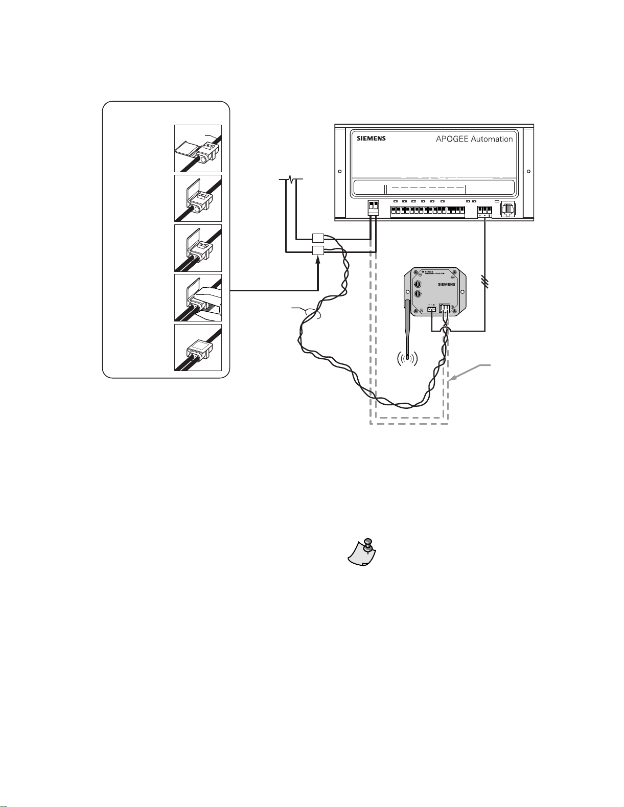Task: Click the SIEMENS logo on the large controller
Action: pos(371,139)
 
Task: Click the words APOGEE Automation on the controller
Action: pos(474,139)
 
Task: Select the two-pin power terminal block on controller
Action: pos(374,207)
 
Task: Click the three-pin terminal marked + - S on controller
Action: pos(484,211)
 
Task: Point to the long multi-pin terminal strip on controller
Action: pos(428,211)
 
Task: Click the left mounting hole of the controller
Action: pos(340,172)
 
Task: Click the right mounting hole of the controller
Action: pos(528,172)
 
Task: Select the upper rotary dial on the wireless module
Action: pos(419,283)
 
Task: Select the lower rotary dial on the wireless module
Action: pos(419,295)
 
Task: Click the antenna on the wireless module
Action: pos(408,327)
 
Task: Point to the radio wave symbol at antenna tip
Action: pos(407,360)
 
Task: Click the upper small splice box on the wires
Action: pos(318,238)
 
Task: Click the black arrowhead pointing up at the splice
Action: pos(318,260)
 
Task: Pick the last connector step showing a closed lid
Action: pos(198,347)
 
